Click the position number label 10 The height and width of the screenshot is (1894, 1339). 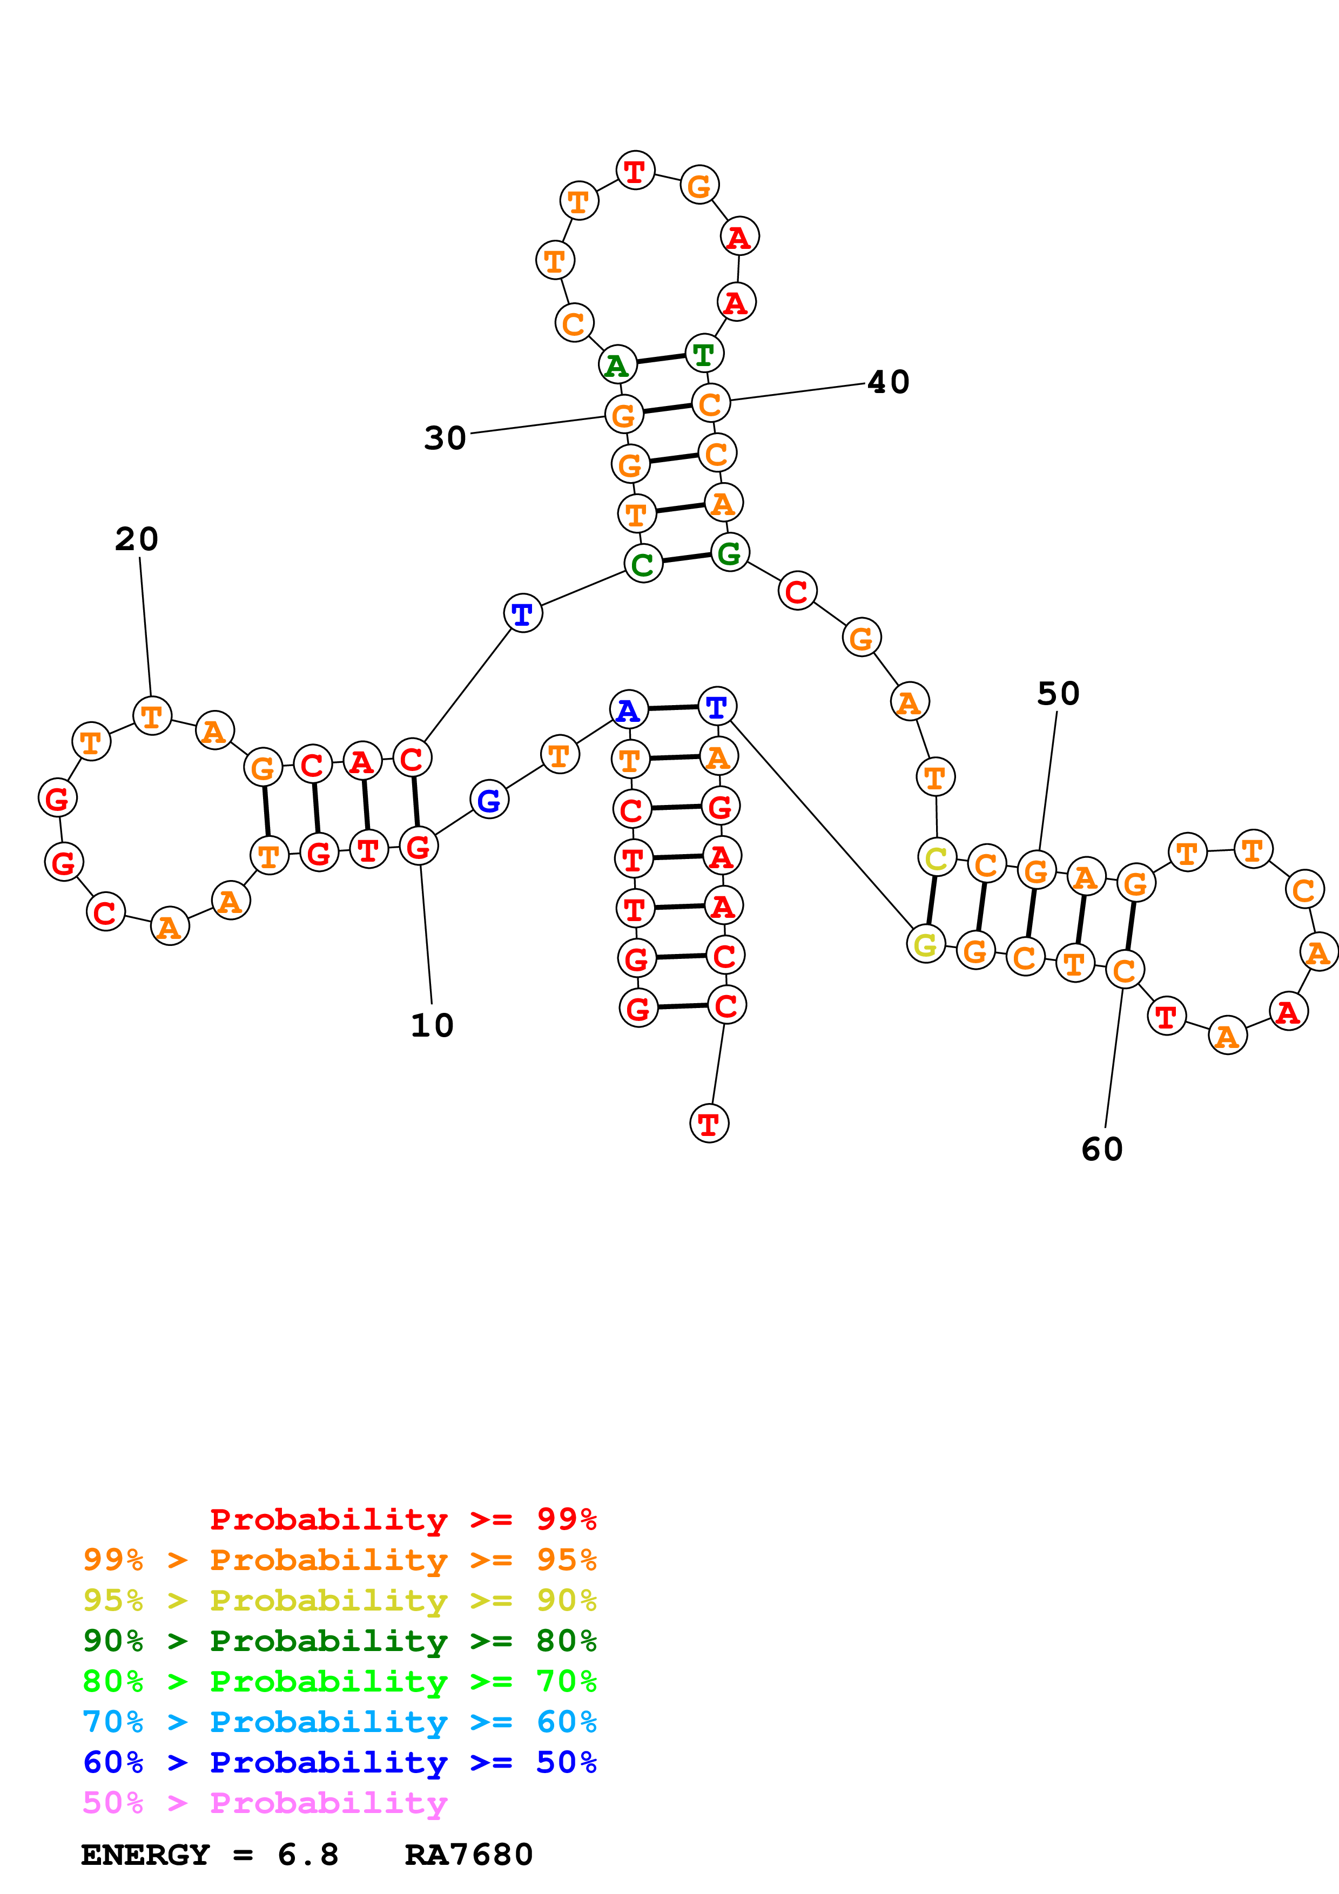(x=432, y=1025)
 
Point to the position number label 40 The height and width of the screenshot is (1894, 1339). (x=888, y=382)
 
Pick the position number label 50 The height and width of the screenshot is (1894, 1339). (x=1058, y=694)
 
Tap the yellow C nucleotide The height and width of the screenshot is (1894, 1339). (x=937, y=858)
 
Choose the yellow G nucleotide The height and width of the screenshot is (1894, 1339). (x=926, y=944)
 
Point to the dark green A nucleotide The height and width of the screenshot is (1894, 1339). (x=617, y=366)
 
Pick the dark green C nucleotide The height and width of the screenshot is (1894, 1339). (x=643, y=564)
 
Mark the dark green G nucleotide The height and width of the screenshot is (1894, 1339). (x=729, y=553)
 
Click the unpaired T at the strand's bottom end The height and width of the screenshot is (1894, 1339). (x=709, y=1124)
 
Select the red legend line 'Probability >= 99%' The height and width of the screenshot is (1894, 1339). (x=402, y=1519)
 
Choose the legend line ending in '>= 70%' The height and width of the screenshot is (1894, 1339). (x=339, y=1680)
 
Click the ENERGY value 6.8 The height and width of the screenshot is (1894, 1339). (x=308, y=1855)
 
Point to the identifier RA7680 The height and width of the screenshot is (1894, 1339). (x=469, y=1855)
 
